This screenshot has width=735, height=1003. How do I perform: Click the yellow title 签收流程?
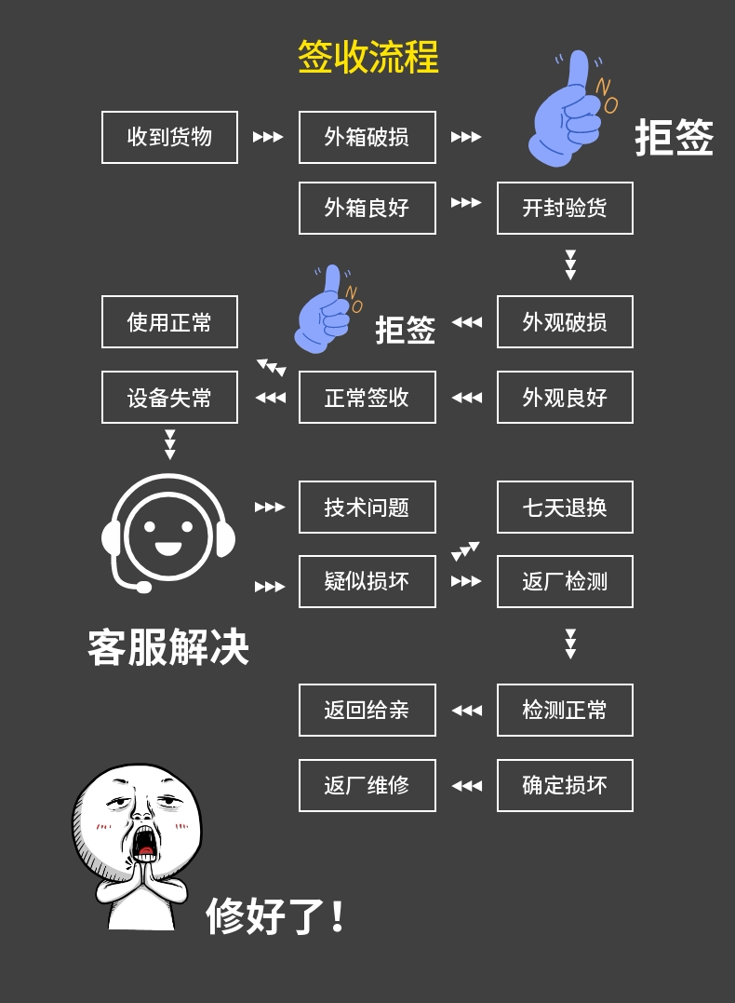pyautogui.click(x=368, y=56)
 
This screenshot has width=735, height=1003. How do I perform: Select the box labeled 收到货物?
pyautogui.click(x=169, y=137)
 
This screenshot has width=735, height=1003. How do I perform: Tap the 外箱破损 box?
pyautogui.click(x=367, y=137)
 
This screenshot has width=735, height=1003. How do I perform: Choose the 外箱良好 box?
pyautogui.click(x=367, y=208)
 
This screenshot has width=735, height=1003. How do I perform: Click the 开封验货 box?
pyautogui.click(x=565, y=208)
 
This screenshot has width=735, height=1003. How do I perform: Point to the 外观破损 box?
pyautogui.click(x=565, y=321)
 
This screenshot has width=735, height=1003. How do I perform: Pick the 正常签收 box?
pyautogui.click(x=367, y=398)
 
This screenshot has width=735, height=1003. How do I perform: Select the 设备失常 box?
pyautogui.click(x=169, y=398)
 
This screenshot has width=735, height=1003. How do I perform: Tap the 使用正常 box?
pyautogui.click(x=169, y=321)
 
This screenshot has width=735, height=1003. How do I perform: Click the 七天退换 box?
pyautogui.click(x=565, y=508)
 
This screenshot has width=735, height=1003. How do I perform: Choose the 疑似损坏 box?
pyautogui.click(x=367, y=581)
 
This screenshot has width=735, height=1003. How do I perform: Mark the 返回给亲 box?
pyautogui.click(x=367, y=710)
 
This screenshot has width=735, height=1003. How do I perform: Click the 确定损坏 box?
pyautogui.click(x=565, y=785)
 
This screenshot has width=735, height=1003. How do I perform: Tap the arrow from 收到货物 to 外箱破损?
pyautogui.click(x=268, y=137)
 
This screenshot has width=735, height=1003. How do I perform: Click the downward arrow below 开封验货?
pyautogui.click(x=570, y=264)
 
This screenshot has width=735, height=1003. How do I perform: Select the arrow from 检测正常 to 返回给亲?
pyautogui.click(x=466, y=710)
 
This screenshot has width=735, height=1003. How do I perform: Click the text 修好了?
pyautogui.click(x=275, y=916)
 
